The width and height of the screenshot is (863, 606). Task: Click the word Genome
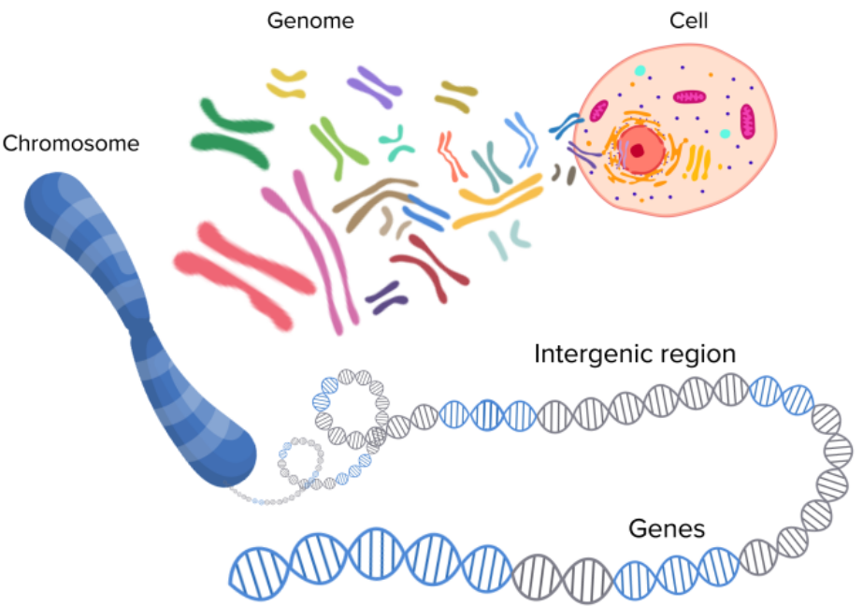tap(311, 20)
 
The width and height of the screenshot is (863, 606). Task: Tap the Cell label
tap(689, 20)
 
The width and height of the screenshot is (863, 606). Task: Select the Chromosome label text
tap(70, 143)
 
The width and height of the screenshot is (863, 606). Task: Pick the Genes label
tap(666, 528)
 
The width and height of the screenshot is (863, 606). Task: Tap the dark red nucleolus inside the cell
tap(638, 151)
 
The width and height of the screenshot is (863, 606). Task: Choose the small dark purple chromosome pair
tap(386, 296)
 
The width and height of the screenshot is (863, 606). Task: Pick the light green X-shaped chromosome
tap(338, 145)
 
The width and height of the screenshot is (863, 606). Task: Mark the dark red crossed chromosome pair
tap(429, 261)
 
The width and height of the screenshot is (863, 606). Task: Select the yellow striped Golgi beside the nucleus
tap(698, 163)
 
